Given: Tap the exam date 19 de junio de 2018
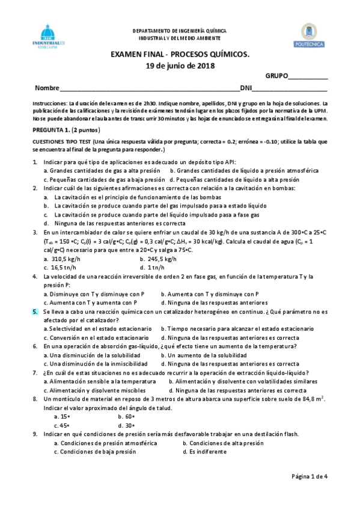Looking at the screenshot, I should (x=180, y=66).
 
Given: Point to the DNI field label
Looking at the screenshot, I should (x=246, y=88).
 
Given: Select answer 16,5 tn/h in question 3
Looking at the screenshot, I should (x=64, y=267).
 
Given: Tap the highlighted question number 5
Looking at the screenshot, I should (x=35, y=312).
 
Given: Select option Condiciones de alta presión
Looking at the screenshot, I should (x=225, y=443).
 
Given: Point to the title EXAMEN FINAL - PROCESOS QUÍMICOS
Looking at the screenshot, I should (x=180, y=55).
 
